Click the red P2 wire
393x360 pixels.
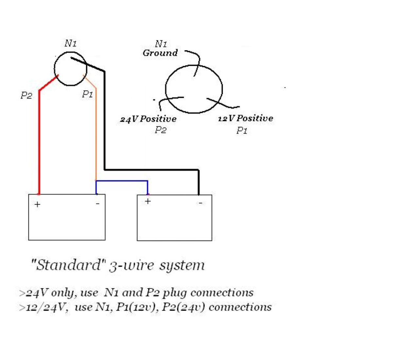(x=39, y=141)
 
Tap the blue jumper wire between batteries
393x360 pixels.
(x=121, y=181)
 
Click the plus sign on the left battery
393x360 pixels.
(x=38, y=205)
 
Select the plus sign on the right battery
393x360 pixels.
(x=148, y=201)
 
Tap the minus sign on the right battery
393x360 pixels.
(x=200, y=203)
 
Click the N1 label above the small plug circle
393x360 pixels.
(x=70, y=43)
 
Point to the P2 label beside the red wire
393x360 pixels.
(x=26, y=95)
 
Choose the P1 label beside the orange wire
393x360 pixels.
(x=87, y=94)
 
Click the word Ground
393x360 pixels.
(x=160, y=53)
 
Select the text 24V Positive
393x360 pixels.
(x=148, y=119)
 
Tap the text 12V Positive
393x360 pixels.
(x=245, y=118)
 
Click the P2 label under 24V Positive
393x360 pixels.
(x=160, y=130)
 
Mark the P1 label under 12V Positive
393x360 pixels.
(x=242, y=131)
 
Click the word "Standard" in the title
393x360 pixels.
(x=67, y=265)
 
